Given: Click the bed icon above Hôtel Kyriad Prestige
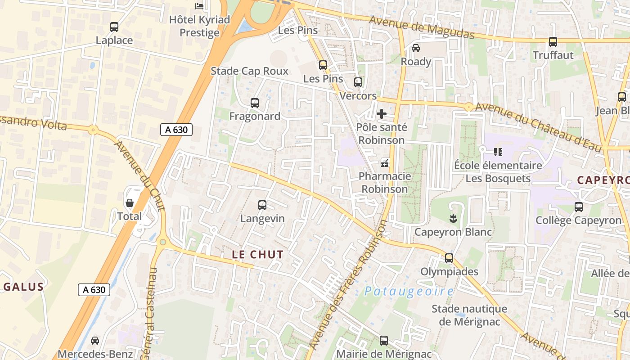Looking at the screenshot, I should coord(199,6).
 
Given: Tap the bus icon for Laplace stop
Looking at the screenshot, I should coord(114,27).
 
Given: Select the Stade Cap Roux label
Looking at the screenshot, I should coord(249,71).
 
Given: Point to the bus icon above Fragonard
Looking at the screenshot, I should coord(255,103).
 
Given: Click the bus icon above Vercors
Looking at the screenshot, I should coord(358,82).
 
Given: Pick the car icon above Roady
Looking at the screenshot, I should coord(416,48).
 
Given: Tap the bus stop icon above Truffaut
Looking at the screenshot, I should coord(553,42).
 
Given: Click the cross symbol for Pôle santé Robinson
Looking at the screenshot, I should coord(382,114).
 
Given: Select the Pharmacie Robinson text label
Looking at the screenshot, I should coord(385,182).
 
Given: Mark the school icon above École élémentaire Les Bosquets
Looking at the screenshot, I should coord(498,152).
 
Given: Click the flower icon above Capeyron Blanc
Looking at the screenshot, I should coord(453,219).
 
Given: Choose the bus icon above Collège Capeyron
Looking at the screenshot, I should coord(579,207).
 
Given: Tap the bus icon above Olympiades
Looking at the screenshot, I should coord(449,258).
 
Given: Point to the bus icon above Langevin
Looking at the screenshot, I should coord(262,205).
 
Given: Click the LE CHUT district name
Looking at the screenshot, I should coord(258,254).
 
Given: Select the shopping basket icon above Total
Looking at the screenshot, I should coord(130,203).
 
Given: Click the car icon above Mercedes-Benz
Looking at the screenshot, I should coord(95,341).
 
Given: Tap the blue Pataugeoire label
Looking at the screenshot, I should coord(409,291).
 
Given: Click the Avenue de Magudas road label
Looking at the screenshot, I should coord(422,27).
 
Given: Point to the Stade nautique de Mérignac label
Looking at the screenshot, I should coord(469,315).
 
